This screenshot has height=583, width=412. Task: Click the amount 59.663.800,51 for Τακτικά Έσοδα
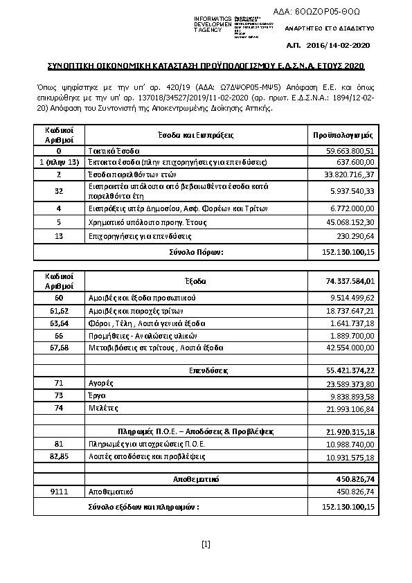[x=350, y=150]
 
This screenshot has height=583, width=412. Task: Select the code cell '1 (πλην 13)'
[x=59, y=162]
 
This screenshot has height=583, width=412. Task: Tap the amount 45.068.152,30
[x=350, y=222]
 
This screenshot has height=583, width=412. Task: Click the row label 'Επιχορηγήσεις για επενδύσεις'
[x=130, y=236]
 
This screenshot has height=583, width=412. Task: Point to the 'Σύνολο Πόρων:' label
[x=197, y=252]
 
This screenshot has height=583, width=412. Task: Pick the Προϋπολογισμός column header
[x=343, y=134]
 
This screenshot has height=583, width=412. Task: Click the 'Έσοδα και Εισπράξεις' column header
[x=197, y=134]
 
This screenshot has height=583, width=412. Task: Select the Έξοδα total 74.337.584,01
[x=350, y=281]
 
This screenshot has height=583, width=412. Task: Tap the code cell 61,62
[x=59, y=312]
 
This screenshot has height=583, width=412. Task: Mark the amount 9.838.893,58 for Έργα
[x=350, y=396]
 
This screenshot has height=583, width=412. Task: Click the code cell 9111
[x=59, y=491]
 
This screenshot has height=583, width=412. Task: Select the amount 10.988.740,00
[x=350, y=444]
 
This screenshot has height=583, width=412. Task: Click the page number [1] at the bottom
[x=205, y=544]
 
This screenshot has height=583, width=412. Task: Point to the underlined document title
[x=205, y=66]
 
